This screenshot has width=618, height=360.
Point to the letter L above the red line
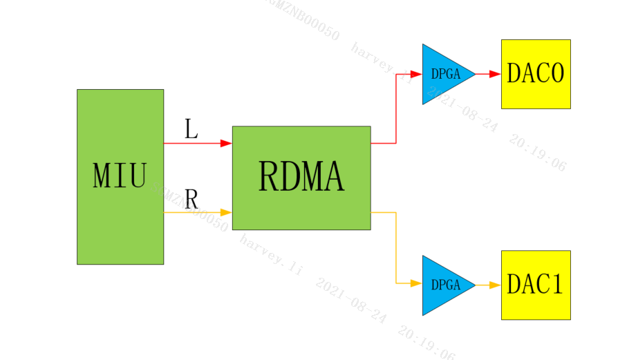[x=191, y=129]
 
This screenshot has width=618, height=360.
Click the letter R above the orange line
[x=191, y=200]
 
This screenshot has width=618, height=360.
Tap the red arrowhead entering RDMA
[x=226, y=143]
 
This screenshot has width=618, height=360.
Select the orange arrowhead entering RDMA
[x=226, y=212]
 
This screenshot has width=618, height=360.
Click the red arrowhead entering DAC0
[x=495, y=74]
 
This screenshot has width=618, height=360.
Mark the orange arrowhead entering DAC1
[x=495, y=285]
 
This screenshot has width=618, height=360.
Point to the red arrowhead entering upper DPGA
[x=416, y=74]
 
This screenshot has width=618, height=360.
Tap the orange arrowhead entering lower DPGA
[x=416, y=283]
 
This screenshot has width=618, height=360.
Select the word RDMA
[x=301, y=177]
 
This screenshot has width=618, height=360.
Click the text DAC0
[x=536, y=73]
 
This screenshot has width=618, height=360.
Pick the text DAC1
[x=536, y=285]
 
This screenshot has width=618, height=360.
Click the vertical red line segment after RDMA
[x=396, y=108]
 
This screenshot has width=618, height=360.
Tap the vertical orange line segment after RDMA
[x=396, y=247]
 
